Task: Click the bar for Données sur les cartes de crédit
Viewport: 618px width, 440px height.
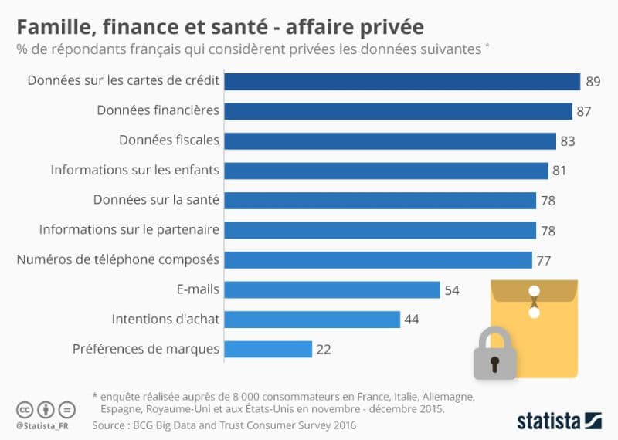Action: (402, 81)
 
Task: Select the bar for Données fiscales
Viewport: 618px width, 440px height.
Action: (390, 140)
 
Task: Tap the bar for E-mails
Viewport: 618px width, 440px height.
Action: (332, 289)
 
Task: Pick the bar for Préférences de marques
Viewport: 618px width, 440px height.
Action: (268, 349)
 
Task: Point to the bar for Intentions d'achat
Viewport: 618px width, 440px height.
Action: (312, 319)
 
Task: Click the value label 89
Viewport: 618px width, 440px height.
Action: (593, 81)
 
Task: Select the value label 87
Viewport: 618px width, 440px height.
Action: (584, 111)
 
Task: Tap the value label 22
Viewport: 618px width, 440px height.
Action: (324, 350)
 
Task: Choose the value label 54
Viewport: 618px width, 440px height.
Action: (452, 290)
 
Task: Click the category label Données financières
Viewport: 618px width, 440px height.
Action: (158, 110)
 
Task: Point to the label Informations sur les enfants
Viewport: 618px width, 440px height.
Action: (135, 170)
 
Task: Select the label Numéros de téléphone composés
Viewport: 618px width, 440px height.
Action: (118, 259)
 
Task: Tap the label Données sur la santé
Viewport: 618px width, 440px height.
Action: (156, 200)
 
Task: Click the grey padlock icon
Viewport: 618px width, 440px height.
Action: (495, 354)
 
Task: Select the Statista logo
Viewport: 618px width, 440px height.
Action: (559, 421)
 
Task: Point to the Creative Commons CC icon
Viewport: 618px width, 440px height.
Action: (25, 409)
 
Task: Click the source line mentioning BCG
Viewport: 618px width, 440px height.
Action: (224, 425)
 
